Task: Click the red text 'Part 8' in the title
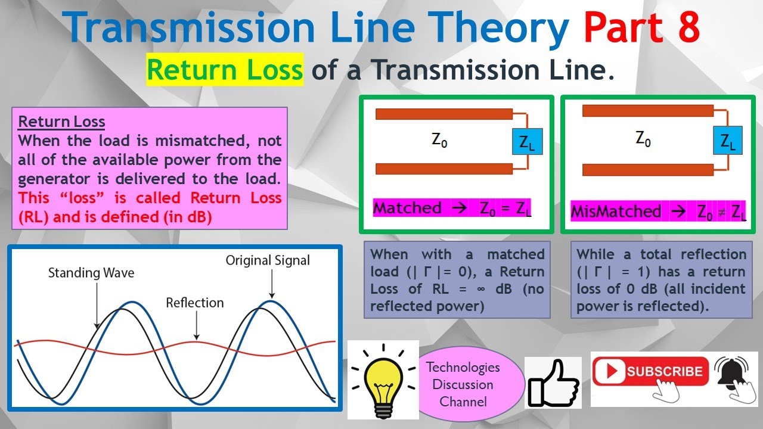click(641, 28)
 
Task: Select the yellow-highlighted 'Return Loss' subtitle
click(225, 70)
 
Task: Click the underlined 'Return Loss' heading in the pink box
click(61, 122)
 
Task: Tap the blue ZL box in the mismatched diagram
click(728, 141)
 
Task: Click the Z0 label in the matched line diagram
click(439, 141)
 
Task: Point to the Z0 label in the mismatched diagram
click(643, 139)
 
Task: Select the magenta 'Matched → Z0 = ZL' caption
click(452, 209)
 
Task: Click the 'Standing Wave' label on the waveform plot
click(91, 273)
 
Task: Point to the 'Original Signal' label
click(268, 260)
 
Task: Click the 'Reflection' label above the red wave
click(195, 303)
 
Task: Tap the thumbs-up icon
click(553, 383)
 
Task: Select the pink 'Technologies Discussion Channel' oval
click(463, 384)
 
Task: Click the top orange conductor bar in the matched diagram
click(444, 114)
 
